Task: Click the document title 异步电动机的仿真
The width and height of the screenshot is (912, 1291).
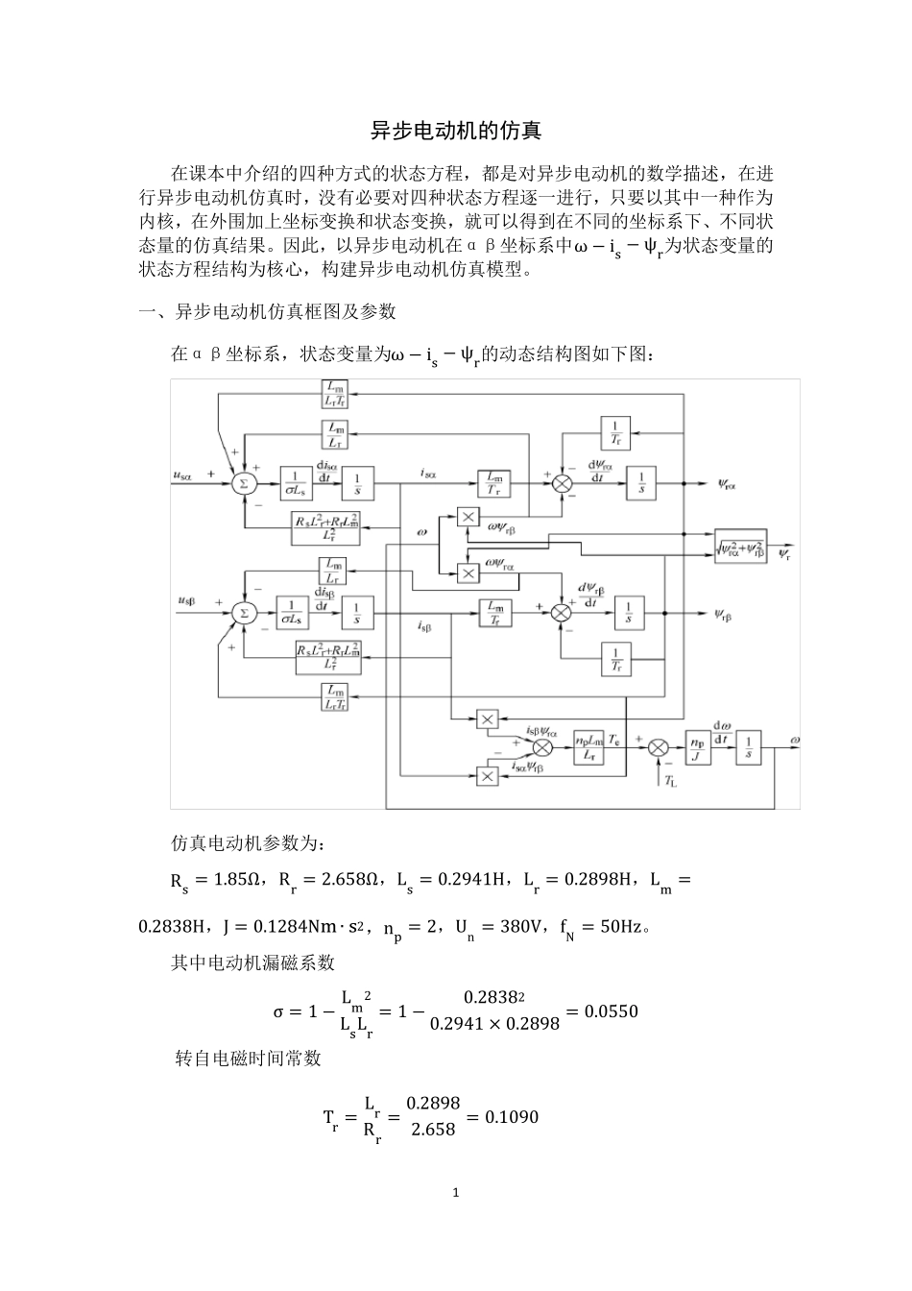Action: tap(456, 130)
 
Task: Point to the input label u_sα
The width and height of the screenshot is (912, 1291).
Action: tap(182, 473)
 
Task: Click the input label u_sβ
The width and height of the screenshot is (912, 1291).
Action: tap(185, 601)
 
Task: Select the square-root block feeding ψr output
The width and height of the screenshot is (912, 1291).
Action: tap(740, 545)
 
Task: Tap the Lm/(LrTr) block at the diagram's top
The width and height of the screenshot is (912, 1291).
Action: tap(336, 393)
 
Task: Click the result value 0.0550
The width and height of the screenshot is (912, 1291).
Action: tap(611, 1011)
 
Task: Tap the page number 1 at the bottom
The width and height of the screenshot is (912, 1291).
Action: tap(456, 1193)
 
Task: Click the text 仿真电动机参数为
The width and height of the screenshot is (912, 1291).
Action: tap(248, 843)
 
